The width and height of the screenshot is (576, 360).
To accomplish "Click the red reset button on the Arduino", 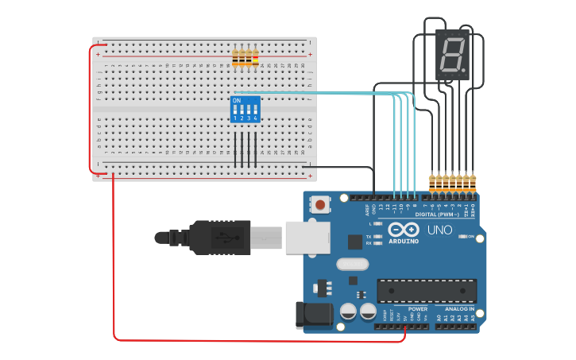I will click(320, 204).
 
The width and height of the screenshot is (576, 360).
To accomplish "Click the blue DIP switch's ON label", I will click(237, 101).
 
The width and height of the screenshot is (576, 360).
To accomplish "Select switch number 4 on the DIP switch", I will click(255, 110).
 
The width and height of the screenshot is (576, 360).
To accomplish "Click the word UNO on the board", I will click(440, 230).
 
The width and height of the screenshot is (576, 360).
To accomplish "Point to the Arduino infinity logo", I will click(403, 230).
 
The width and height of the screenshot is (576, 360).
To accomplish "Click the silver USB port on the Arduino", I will click(307, 237).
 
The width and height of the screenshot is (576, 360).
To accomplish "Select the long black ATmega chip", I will click(427, 291).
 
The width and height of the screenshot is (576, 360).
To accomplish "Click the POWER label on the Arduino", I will click(417, 309).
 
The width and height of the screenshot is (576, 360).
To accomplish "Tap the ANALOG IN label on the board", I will click(460, 309).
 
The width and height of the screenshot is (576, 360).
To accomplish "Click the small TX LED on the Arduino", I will click(378, 237).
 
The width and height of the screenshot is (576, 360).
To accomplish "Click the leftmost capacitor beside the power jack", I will click(348, 312).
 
